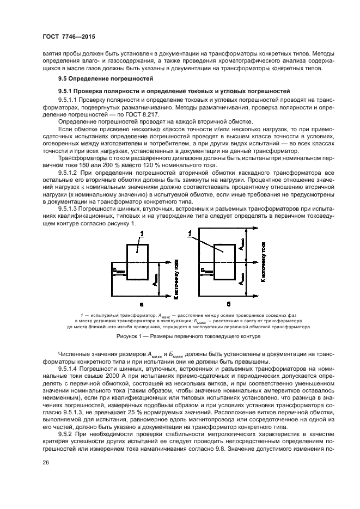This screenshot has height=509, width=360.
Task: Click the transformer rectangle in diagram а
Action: pyautogui.click(x=137, y=261)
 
